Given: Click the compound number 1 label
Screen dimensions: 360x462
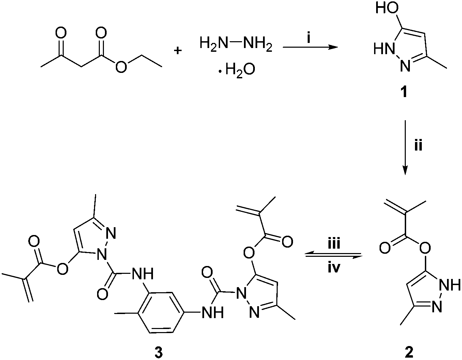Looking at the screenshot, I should [x=404, y=92].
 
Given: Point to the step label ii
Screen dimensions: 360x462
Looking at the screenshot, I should [x=418, y=147].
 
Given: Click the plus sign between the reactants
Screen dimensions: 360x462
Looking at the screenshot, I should [x=178, y=51].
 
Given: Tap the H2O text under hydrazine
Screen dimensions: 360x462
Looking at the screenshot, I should [x=239, y=69].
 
